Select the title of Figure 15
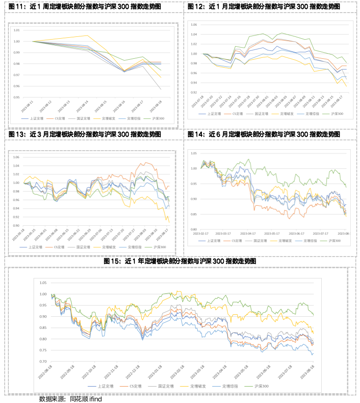click(180, 262)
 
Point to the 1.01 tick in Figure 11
click(16, 30)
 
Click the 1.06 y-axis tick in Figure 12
click(194, 25)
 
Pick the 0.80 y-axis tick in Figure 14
click(194, 229)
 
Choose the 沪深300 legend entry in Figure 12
click(336, 114)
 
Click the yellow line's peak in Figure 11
click(88, 35)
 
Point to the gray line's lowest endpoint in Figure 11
click(161, 89)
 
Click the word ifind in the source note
click(95, 399)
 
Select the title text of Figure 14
click(263, 134)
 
